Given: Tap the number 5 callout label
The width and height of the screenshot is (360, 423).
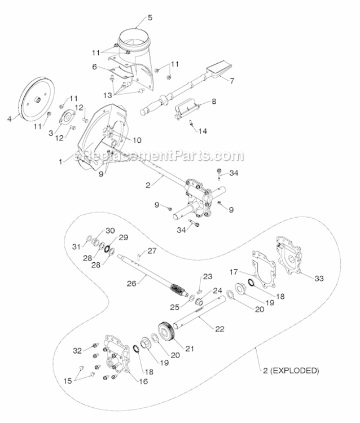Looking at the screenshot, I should pyautogui.click(x=150, y=17).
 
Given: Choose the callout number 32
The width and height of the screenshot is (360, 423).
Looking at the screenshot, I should pyautogui.click(x=77, y=350).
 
